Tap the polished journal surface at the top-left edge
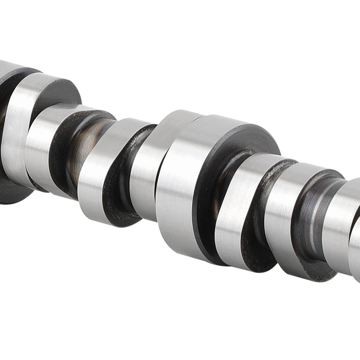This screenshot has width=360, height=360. pos(7,67)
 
